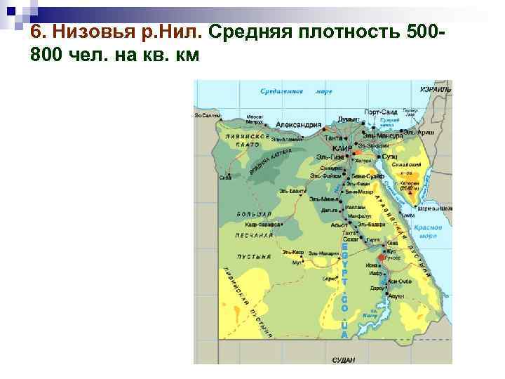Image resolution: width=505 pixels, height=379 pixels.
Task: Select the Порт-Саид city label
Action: [x=380, y=112]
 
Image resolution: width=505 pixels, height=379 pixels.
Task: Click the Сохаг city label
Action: [x=351, y=239]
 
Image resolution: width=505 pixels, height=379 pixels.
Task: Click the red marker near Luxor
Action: [x=381, y=258]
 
